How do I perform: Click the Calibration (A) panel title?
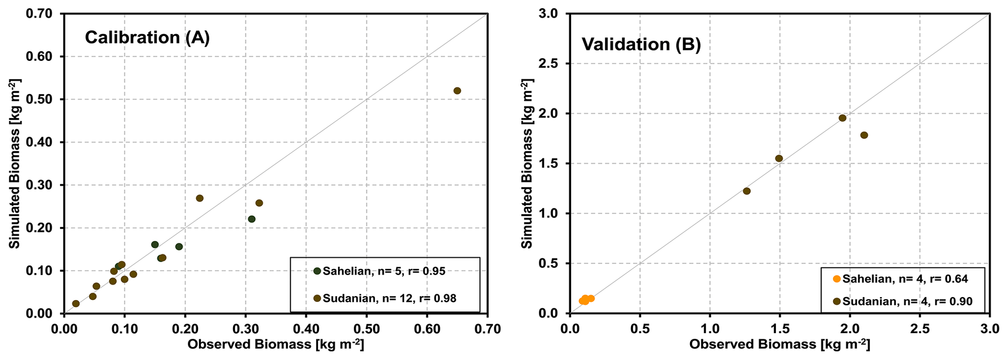(147, 38)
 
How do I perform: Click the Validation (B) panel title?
(641, 44)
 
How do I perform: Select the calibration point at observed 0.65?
(457, 91)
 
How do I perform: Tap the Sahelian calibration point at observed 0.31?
(252, 219)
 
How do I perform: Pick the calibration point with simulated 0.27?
(199, 198)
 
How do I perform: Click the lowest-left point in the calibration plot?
(76, 303)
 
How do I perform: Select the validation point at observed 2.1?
(864, 135)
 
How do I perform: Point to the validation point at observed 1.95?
(842, 118)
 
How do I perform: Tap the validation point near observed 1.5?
(779, 159)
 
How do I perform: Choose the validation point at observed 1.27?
(747, 191)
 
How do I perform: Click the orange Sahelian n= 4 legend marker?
(837, 279)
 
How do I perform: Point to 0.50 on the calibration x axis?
(367, 329)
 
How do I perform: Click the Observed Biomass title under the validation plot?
(779, 344)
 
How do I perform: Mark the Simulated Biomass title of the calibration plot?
(15, 163)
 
